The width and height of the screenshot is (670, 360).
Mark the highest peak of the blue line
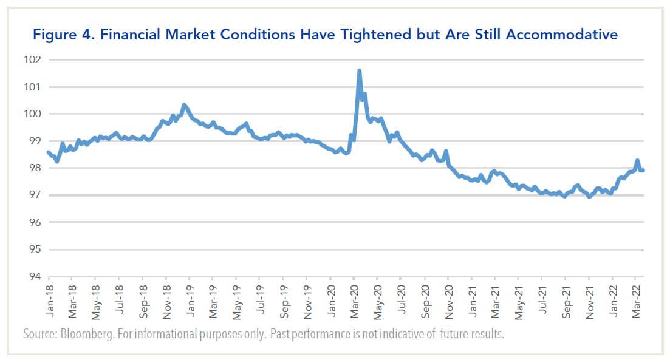coord(359,71)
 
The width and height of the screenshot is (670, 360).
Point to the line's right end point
coord(643,170)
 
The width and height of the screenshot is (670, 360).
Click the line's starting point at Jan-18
coord(48,152)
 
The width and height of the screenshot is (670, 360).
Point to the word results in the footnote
coord(488,335)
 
